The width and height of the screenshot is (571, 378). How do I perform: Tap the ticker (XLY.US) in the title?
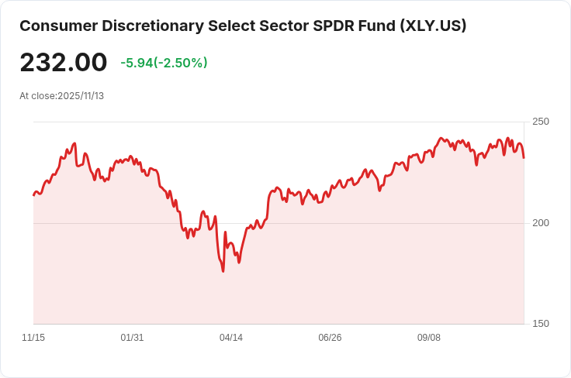[433, 26]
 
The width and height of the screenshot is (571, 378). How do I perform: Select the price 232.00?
[64, 63]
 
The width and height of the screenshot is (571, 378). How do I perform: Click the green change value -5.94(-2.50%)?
[164, 63]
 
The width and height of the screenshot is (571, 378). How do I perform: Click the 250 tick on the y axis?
[541, 122]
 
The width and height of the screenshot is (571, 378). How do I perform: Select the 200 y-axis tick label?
[541, 223]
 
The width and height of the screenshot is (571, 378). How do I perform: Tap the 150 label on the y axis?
[541, 324]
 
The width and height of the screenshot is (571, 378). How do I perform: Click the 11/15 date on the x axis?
[33, 338]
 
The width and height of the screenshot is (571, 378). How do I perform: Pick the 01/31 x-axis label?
[132, 338]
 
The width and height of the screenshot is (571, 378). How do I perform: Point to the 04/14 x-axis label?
[231, 338]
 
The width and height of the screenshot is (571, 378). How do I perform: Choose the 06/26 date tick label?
[330, 338]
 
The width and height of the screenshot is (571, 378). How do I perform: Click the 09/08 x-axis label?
[429, 338]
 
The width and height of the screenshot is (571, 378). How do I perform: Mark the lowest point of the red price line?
[223, 271]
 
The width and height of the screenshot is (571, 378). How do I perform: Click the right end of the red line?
[524, 158]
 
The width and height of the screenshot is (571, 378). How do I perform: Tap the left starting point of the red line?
[33, 194]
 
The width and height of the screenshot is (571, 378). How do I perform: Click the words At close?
[37, 96]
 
